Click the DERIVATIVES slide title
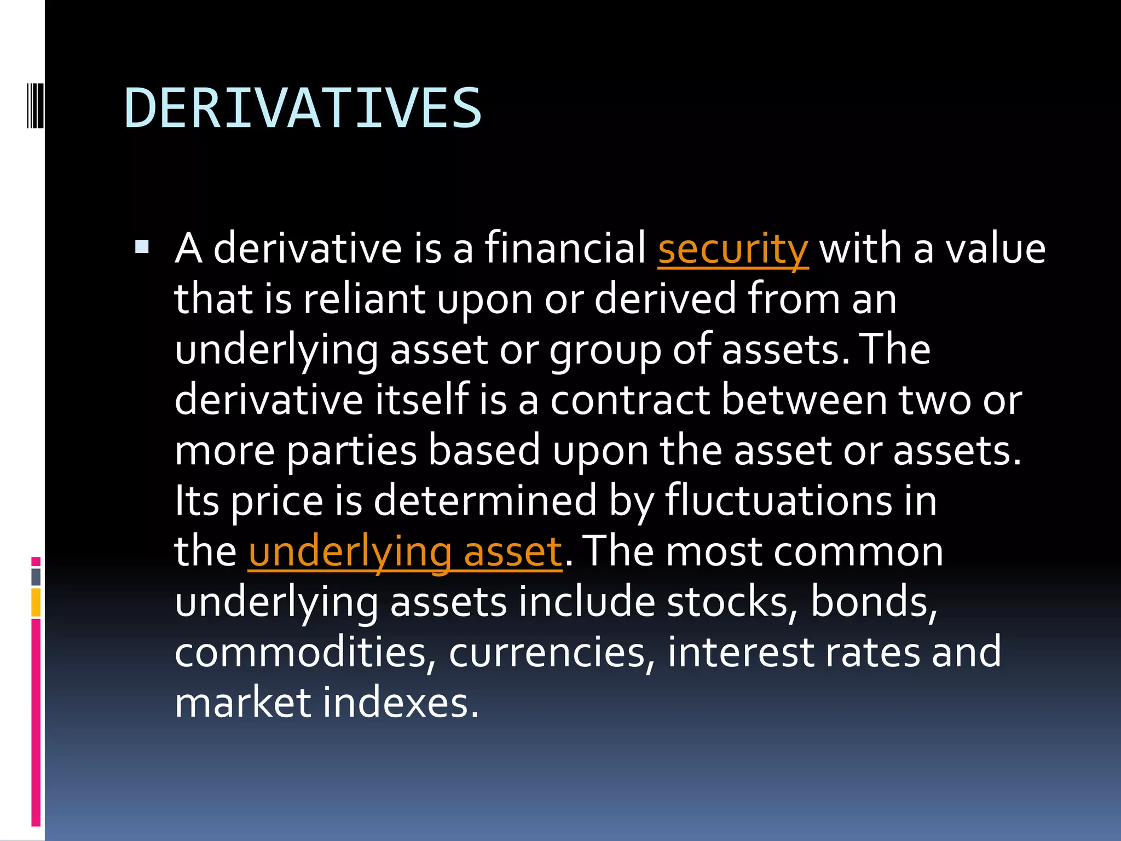[303, 108]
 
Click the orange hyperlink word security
[733, 249]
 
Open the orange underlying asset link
[405, 552]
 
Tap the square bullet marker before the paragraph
[142, 247]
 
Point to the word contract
[629, 400]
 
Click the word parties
[352, 451]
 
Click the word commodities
[301, 653]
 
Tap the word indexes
[400, 703]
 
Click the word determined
[485, 501]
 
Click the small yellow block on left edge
[36, 602]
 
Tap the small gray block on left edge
[36, 577]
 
